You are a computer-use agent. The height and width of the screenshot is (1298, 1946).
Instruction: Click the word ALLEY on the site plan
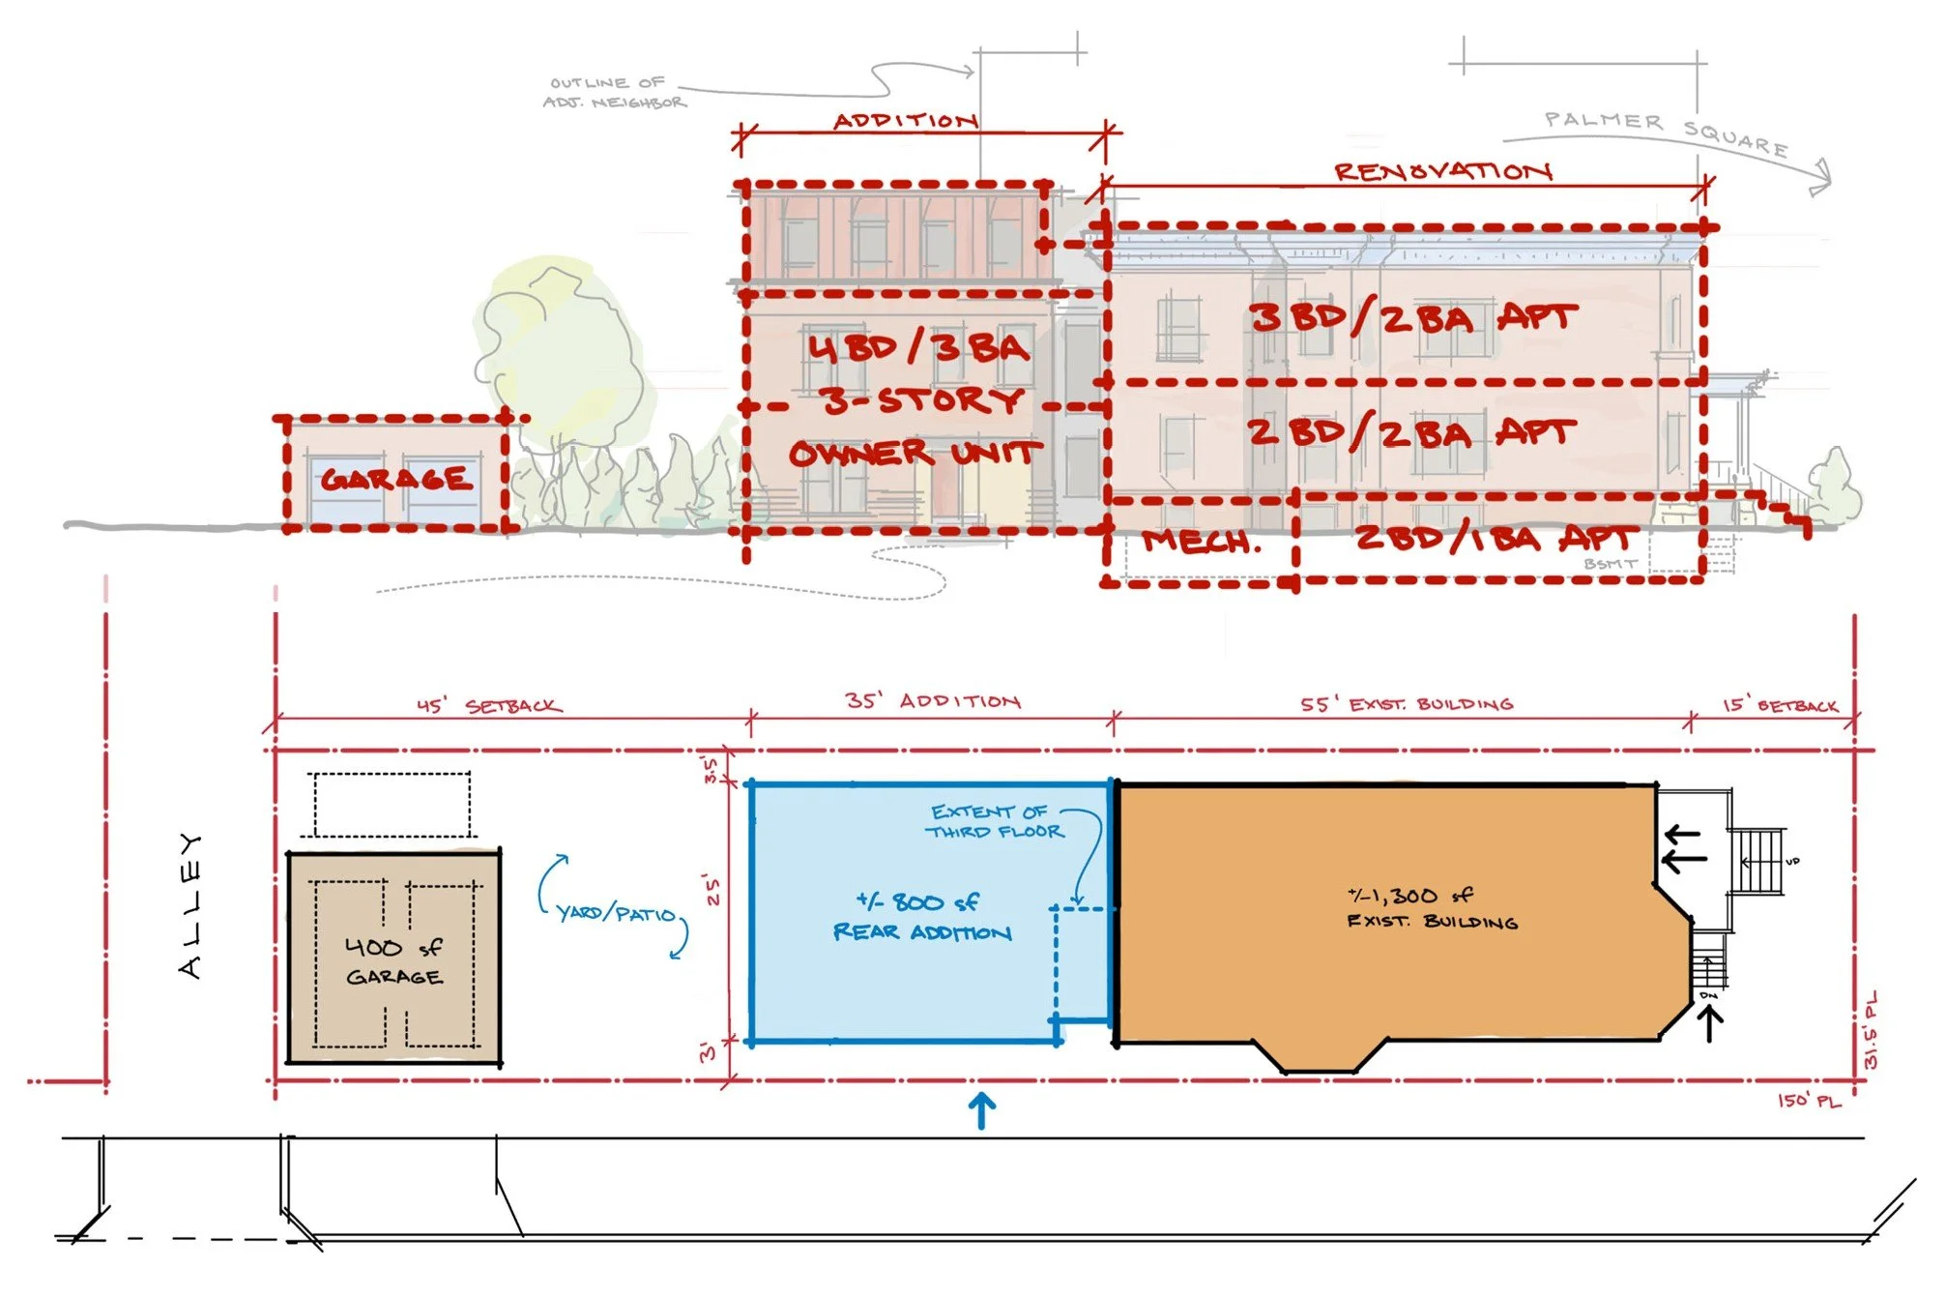(191, 905)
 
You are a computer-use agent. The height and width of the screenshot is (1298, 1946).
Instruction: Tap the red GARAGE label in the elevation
(397, 479)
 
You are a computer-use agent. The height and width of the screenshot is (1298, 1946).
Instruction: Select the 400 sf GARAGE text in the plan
(394, 961)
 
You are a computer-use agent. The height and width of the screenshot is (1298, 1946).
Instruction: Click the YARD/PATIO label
(616, 913)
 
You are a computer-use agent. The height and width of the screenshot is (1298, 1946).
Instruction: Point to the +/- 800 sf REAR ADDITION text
(921, 917)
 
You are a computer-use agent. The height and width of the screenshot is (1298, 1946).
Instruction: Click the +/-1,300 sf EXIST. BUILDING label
(1431, 908)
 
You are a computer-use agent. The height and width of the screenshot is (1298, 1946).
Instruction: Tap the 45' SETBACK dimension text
(489, 705)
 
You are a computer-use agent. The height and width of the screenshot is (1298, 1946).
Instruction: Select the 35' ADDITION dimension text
(933, 700)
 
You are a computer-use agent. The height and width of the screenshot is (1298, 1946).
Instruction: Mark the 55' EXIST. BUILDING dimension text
(1407, 703)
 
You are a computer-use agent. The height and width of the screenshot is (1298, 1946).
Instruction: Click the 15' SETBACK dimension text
(1780, 705)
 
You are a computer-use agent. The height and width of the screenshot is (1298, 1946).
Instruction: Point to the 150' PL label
(1809, 1101)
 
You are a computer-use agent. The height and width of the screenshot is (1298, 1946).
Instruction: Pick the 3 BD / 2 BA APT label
(1413, 317)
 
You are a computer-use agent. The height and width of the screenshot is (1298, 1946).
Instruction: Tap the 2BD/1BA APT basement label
(1496, 537)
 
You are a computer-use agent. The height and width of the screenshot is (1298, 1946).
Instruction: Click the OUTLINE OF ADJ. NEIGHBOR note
(615, 93)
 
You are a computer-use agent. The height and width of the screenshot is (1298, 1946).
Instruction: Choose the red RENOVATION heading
(1443, 171)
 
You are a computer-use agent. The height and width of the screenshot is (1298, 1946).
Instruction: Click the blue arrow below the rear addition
(982, 1110)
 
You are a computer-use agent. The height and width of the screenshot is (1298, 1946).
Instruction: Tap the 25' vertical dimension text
(713, 890)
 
